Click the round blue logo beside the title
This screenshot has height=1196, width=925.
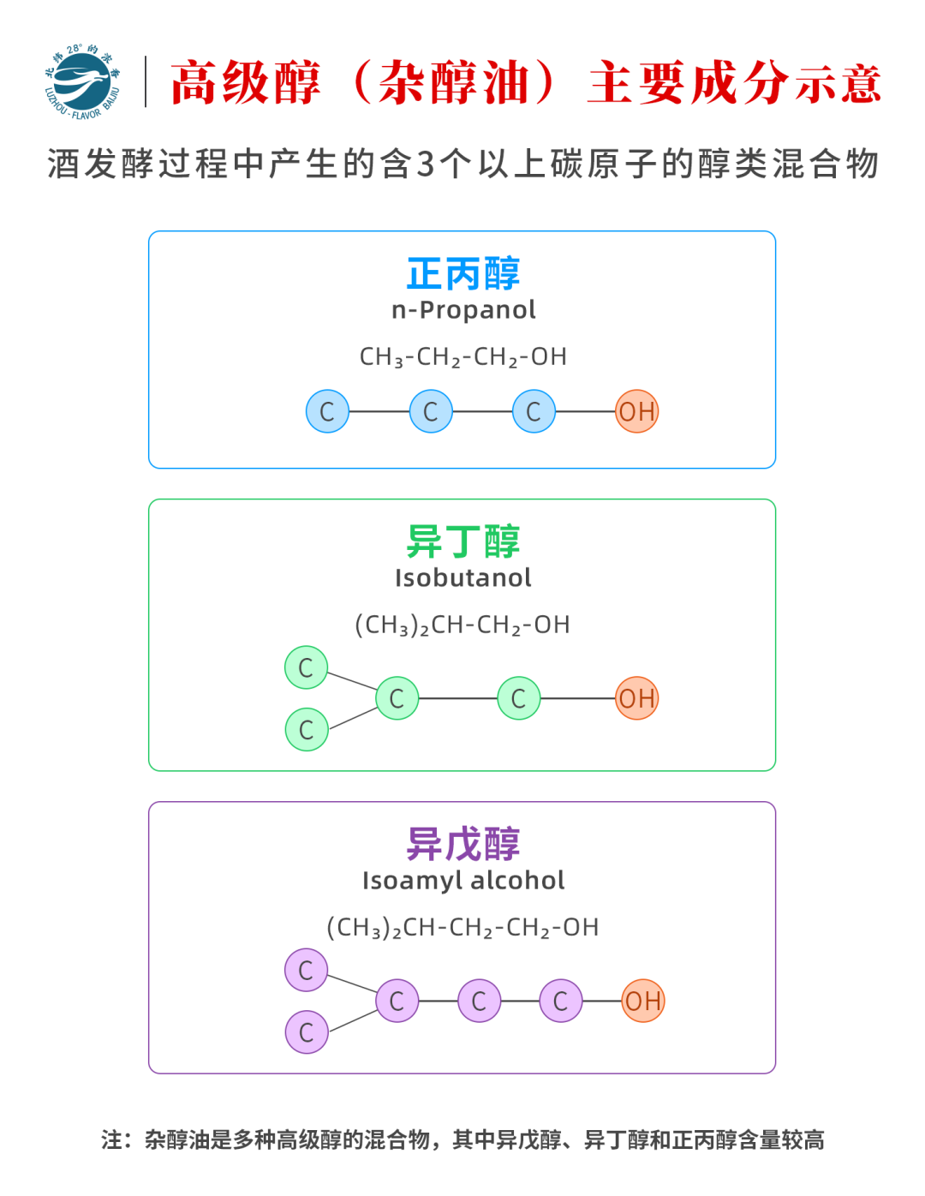(x=82, y=81)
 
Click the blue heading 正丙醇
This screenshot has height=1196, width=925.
(x=462, y=273)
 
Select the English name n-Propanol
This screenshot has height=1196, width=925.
(x=463, y=310)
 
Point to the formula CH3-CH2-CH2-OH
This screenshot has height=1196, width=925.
(x=462, y=357)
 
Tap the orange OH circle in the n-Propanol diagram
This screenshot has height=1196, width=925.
(x=636, y=411)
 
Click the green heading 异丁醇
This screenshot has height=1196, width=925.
(x=462, y=541)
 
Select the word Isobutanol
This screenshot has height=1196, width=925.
(x=462, y=578)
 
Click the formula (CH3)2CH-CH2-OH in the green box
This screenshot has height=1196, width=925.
(x=462, y=625)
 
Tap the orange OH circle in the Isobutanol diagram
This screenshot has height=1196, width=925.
(x=636, y=698)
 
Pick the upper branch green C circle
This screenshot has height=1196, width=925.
(x=306, y=667)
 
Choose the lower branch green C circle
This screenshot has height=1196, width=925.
(x=307, y=729)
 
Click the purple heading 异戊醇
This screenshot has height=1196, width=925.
(x=462, y=844)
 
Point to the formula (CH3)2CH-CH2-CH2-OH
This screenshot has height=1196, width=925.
(x=462, y=927)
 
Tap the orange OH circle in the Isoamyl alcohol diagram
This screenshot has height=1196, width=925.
(x=642, y=1001)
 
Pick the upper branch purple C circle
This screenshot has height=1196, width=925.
(x=306, y=970)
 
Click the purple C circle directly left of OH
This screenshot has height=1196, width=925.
(x=561, y=1001)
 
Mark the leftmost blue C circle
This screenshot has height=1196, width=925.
(x=327, y=411)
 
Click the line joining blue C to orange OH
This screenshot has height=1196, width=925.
(x=585, y=411)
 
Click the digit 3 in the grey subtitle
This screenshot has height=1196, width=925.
(x=425, y=164)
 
